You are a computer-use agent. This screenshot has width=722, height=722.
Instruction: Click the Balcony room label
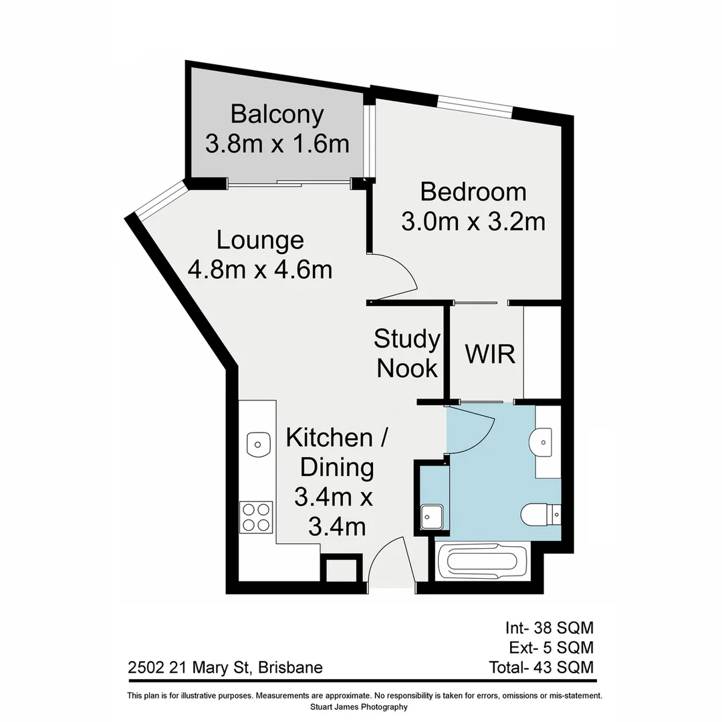(x=277, y=114)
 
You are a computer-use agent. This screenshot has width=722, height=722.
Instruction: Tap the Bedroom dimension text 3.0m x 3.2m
(x=473, y=221)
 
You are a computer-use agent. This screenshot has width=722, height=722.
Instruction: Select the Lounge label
(x=260, y=240)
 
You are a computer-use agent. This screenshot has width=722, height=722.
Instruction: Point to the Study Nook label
(x=406, y=354)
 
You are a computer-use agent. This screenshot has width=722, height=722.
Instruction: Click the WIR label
(x=490, y=354)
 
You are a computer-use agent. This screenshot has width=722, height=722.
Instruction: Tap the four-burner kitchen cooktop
(x=257, y=517)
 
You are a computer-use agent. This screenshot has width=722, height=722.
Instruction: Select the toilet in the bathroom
(x=537, y=515)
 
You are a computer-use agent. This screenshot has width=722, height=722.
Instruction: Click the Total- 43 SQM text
(x=541, y=667)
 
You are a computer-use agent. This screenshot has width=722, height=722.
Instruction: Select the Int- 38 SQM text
(x=549, y=628)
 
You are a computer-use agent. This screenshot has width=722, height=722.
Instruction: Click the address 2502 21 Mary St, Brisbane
(x=225, y=667)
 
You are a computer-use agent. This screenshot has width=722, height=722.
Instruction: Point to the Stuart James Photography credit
(x=359, y=707)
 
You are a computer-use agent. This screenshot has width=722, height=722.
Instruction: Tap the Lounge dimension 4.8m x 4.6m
(x=260, y=269)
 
